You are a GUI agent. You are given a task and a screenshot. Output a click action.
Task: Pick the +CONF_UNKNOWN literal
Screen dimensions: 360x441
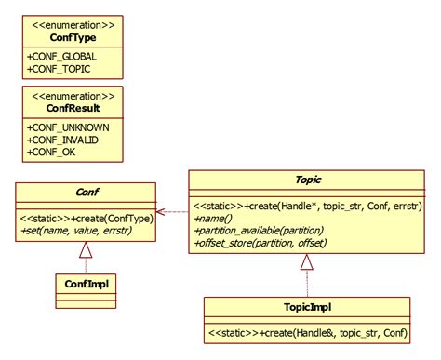pos(69,127)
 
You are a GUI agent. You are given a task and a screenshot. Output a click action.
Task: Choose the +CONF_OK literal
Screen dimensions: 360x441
pos(52,151)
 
